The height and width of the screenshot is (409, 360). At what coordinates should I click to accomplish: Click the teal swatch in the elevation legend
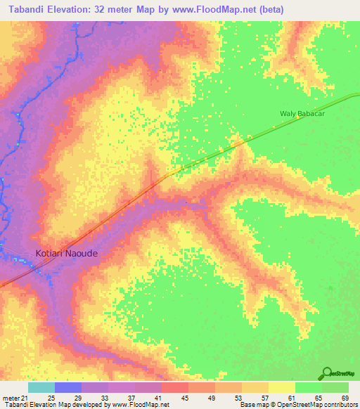coord(41,387)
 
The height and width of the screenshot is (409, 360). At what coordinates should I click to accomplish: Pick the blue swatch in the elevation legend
coord(68,387)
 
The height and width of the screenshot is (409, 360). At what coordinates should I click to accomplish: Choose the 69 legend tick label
coord(344,398)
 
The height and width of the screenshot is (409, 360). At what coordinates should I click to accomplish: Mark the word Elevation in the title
coord(78,8)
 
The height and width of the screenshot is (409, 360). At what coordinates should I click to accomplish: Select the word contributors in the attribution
coord(335,405)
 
